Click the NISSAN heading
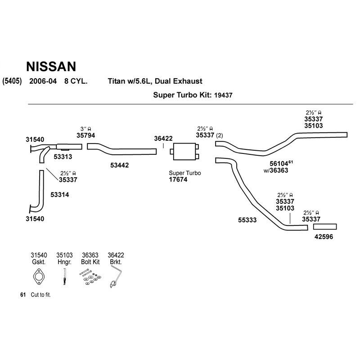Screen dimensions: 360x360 (51, 66)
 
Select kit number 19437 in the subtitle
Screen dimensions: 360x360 (223, 95)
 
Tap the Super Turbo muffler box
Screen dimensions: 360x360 (184, 152)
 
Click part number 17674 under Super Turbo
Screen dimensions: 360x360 (178, 180)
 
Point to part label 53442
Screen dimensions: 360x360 (119, 165)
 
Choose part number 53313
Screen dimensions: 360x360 (63, 157)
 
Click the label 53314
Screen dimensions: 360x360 (60, 195)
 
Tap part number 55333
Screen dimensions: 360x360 (247, 220)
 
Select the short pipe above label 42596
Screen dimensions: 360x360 (325, 227)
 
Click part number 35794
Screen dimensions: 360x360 (85, 135)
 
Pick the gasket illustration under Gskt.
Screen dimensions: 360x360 (39, 276)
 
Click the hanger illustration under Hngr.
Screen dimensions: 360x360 (64, 277)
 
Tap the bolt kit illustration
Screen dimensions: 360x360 (90, 278)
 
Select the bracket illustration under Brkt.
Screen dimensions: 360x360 (116, 276)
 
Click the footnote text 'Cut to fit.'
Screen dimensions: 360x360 (40, 295)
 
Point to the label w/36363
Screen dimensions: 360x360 (276, 171)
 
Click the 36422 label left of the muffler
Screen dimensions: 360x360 (163, 139)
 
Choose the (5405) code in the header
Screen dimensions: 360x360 (12, 81)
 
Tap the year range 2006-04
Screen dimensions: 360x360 (43, 81)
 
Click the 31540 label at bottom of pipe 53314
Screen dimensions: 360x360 (35, 219)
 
